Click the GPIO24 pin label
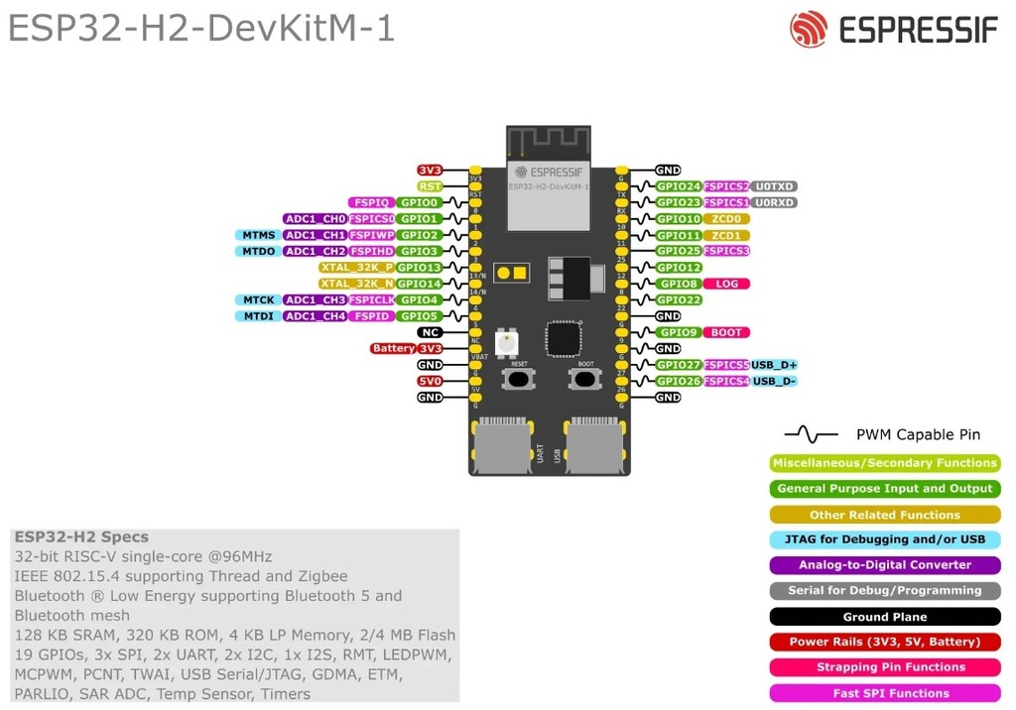coord(679,186)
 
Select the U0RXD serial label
coord(774,202)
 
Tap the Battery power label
coord(393,349)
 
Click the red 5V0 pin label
coord(430,381)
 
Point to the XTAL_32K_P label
coord(356,268)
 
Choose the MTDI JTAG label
coord(255,316)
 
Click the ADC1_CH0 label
coord(315,219)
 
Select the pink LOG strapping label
coord(726,284)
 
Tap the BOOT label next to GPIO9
coord(726,332)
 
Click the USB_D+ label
coord(775,365)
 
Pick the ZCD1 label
coord(726,235)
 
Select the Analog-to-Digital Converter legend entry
coord(885,565)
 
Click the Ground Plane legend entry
coord(885,617)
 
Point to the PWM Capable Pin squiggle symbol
coord(812,434)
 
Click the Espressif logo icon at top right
coord(808,29)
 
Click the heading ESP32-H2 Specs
coord(81,537)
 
